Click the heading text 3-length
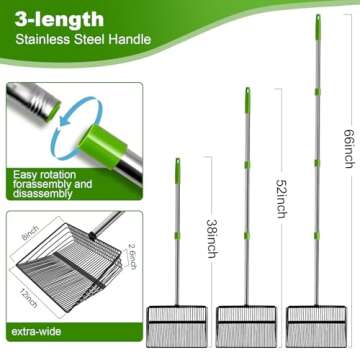(59, 20)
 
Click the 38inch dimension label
(212, 238)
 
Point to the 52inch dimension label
(282, 199)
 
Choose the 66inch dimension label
(349, 148)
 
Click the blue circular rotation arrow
(76, 128)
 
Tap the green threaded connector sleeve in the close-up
(103, 146)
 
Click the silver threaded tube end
(33, 99)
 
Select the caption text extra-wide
(36, 332)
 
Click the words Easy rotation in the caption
(44, 175)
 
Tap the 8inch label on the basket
(30, 233)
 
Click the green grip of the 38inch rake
(178, 171)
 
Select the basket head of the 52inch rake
(246, 327)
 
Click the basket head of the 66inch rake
(316, 327)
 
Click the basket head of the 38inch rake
(177, 327)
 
